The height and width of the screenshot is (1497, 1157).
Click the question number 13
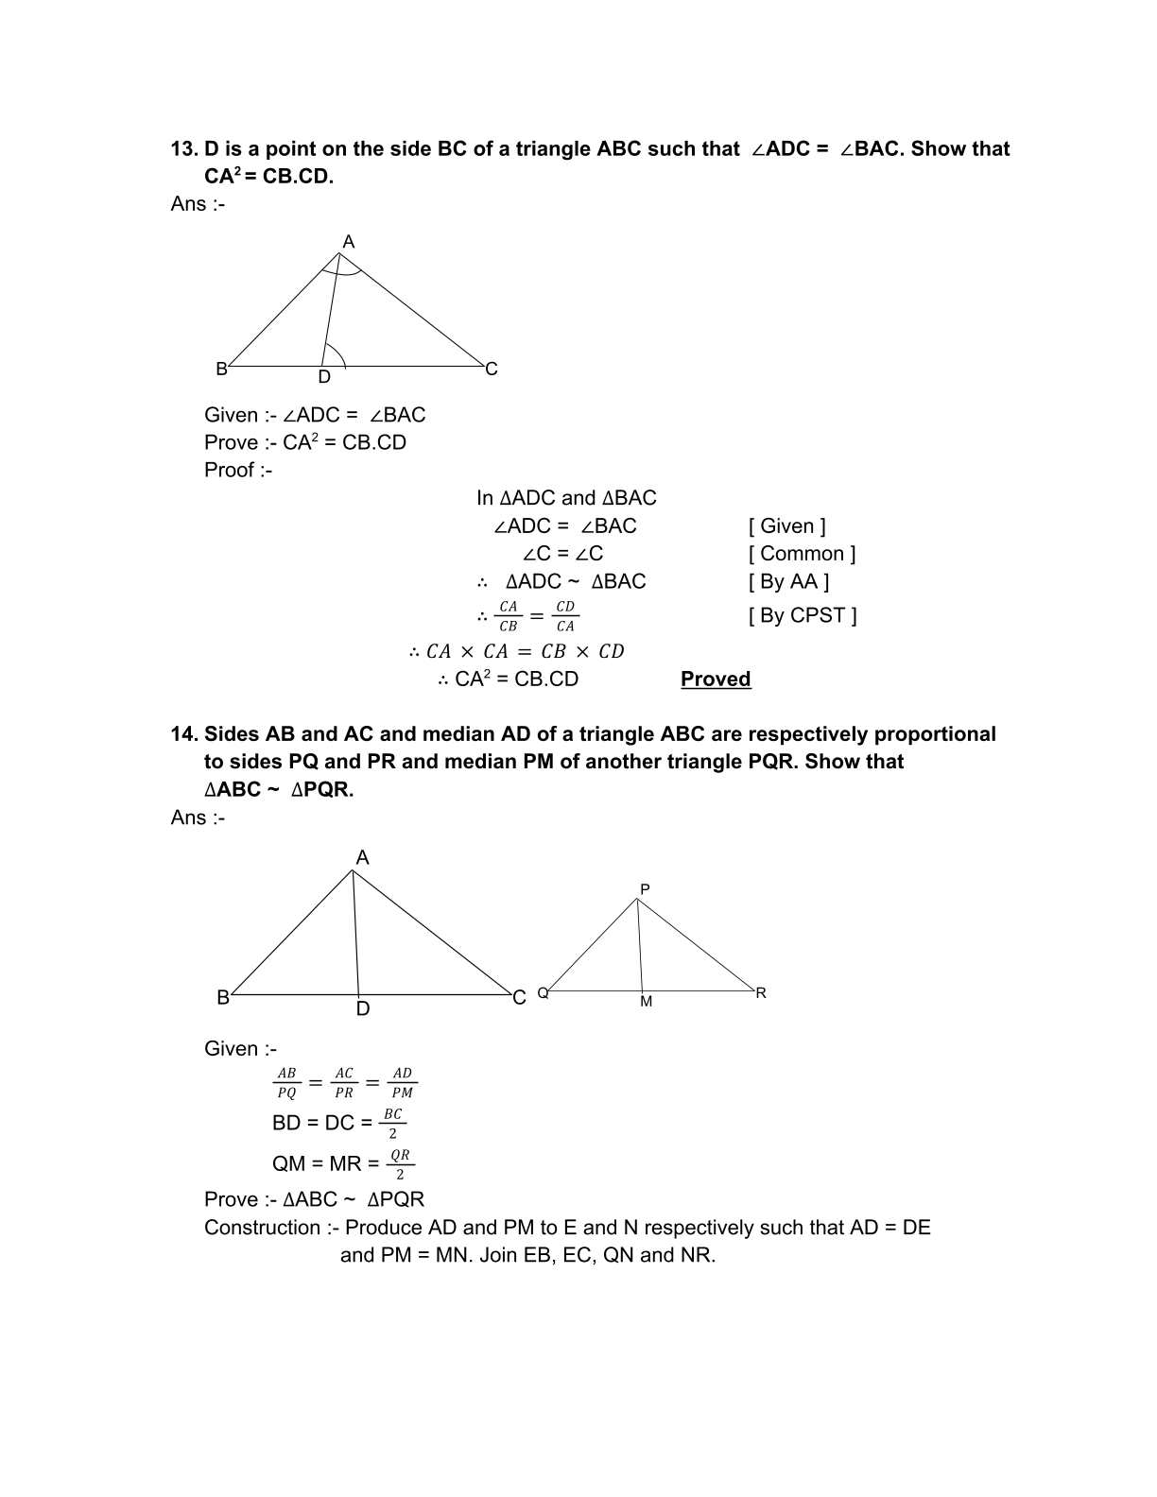(182, 149)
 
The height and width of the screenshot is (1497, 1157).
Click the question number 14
(182, 734)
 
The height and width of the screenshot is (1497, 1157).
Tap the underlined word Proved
(716, 680)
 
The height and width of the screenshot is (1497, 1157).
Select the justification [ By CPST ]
(803, 615)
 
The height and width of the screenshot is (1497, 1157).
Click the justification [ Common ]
(802, 554)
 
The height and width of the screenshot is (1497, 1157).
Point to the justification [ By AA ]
(788, 581)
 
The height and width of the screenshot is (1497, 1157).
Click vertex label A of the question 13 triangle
(348, 242)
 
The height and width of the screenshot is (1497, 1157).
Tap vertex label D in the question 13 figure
(324, 377)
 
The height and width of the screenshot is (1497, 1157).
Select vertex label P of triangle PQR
(645, 889)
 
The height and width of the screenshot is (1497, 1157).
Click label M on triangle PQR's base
(646, 1002)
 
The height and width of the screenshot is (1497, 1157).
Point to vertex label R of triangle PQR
(761, 993)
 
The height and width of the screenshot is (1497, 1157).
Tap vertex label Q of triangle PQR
(543, 993)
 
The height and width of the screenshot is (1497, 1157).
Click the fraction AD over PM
(403, 1083)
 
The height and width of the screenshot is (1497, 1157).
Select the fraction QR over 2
(400, 1164)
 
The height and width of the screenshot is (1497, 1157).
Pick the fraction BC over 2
(393, 1124)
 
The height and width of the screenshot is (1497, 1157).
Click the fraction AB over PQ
(286, 1083)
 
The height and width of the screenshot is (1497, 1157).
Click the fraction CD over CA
(565, 616)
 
